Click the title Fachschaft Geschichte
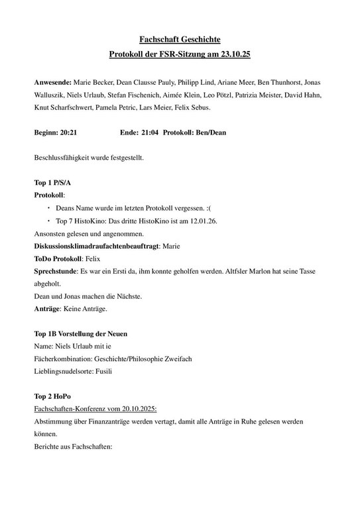tap(180, 42)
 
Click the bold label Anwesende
tap(53, 82)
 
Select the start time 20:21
tap(68, 132)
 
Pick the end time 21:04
tap(149, 132)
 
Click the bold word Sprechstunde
tap(55, 271)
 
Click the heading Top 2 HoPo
tap(52, 396)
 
